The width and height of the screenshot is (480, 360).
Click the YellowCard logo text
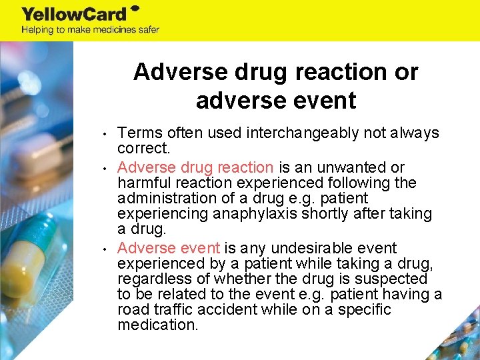(74, 13)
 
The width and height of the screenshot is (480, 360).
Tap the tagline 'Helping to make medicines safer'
(90, 29)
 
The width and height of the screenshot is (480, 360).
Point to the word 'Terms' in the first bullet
(137, 133)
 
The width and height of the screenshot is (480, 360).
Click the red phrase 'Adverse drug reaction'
(195, 167)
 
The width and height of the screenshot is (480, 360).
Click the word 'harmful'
(142, 183)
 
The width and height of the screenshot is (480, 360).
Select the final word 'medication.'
(157, 325)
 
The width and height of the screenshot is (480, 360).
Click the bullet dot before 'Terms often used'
(106, 133)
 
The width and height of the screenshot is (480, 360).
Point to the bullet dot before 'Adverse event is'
(106, 249)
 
